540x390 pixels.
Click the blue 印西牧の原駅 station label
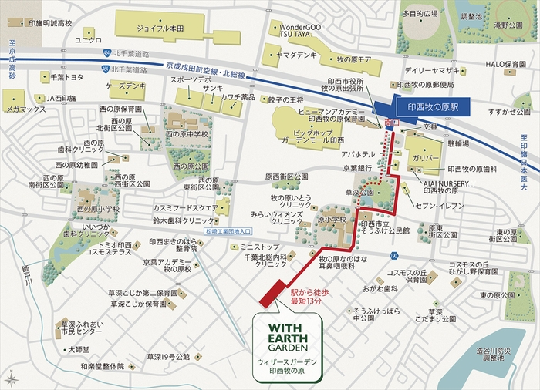coord(433,109)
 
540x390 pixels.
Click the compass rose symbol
coord(12,378)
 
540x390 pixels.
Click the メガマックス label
coord(25,109)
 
